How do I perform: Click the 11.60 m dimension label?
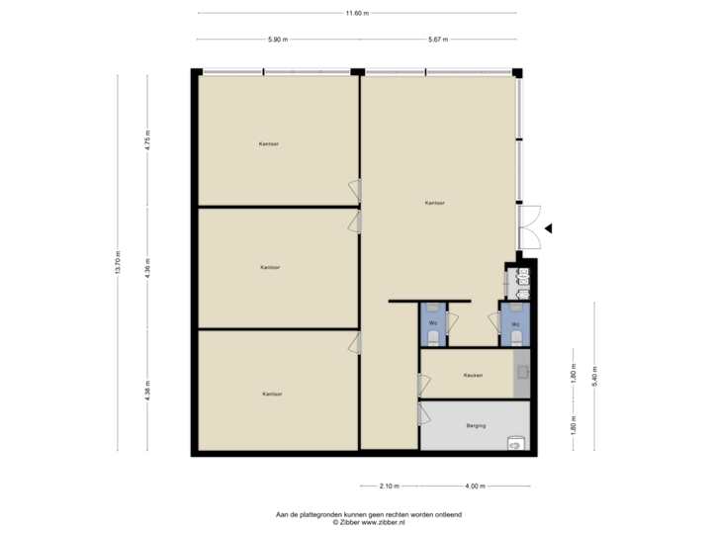click(356, 13)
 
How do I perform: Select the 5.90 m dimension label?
click(278, 40)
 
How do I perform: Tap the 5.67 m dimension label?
click(438, 40)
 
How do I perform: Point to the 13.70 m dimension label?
click(118, 261)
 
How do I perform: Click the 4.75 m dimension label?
click(147, 139)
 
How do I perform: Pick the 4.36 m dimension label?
click(147, 268)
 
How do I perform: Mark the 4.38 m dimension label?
click(147, 390)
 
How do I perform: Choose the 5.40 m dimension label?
click(594, 376)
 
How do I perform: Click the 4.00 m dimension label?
click(476, 486)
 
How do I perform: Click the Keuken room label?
click(473, 376)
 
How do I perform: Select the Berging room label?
click(476, 426)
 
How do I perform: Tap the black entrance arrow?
click(549, 227)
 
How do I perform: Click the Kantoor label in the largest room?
click(434, 203)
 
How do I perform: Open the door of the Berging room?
click(422, 413)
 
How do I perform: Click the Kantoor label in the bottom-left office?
click(272, 394)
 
